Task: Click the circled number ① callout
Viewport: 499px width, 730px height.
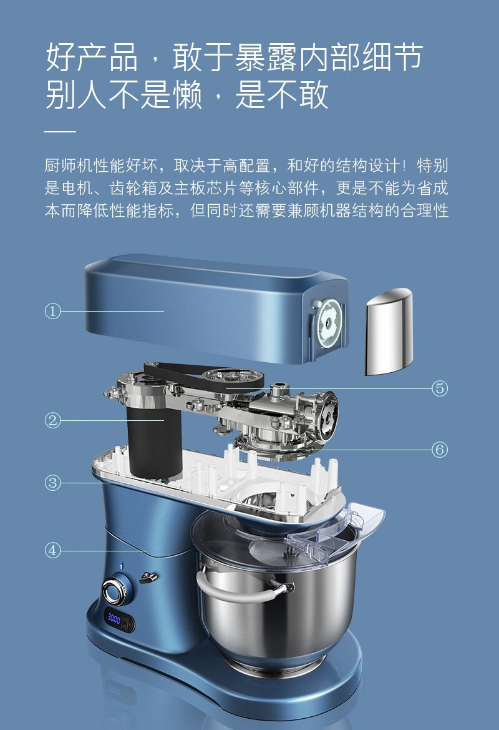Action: (53, 310)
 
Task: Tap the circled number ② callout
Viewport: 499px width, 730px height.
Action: (53, 420)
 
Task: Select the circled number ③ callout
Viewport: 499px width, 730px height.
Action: (53, 482)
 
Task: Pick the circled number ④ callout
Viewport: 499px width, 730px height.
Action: (53, 550)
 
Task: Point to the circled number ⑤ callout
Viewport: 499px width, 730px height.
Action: (440, 388)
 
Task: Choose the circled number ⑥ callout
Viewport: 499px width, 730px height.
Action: (440, 449)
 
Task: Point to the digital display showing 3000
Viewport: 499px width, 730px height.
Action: (114, 619)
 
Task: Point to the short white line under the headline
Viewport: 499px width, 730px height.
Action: (60, 132)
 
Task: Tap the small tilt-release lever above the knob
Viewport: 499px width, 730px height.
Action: (147, 578)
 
